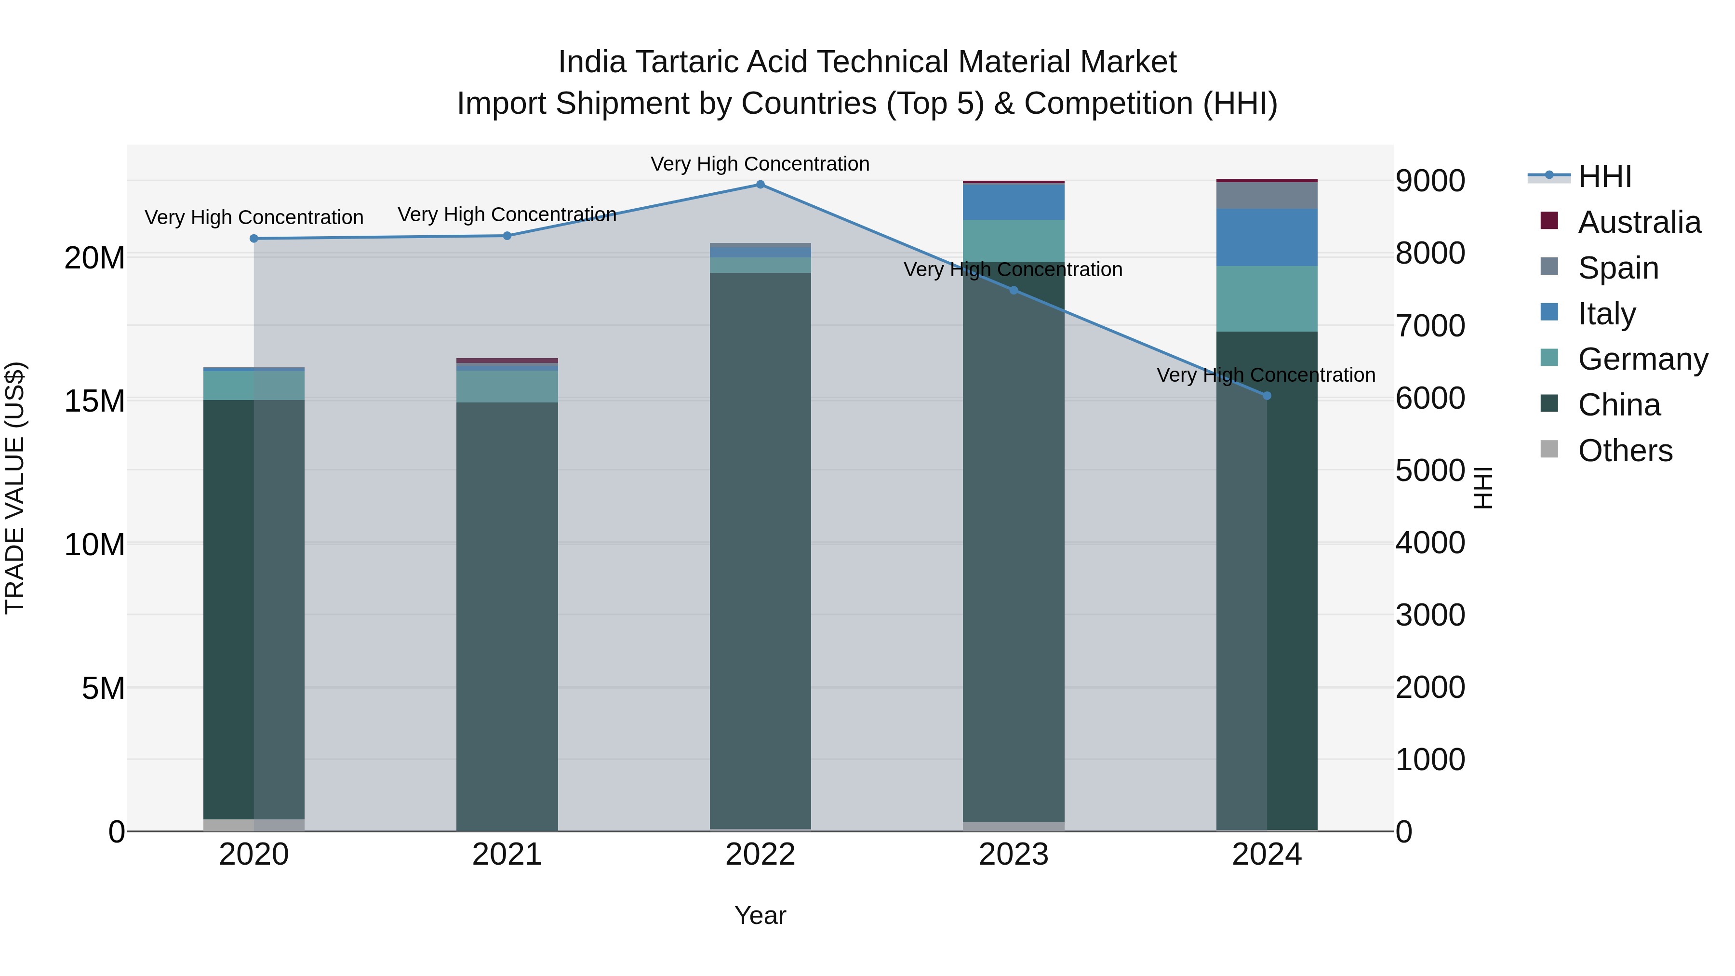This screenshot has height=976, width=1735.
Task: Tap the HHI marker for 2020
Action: tap(254, 239)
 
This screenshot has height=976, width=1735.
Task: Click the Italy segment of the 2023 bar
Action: tap(1013, 202)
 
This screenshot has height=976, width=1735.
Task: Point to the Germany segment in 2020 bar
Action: tap(254, 385)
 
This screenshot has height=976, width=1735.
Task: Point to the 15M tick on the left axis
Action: tap(94, 401)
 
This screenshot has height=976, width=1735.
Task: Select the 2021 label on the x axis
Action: tap(507, 855)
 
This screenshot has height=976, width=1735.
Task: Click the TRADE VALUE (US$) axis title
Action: tap(15, 488)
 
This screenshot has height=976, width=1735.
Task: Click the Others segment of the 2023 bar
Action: tap(1013, 827)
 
